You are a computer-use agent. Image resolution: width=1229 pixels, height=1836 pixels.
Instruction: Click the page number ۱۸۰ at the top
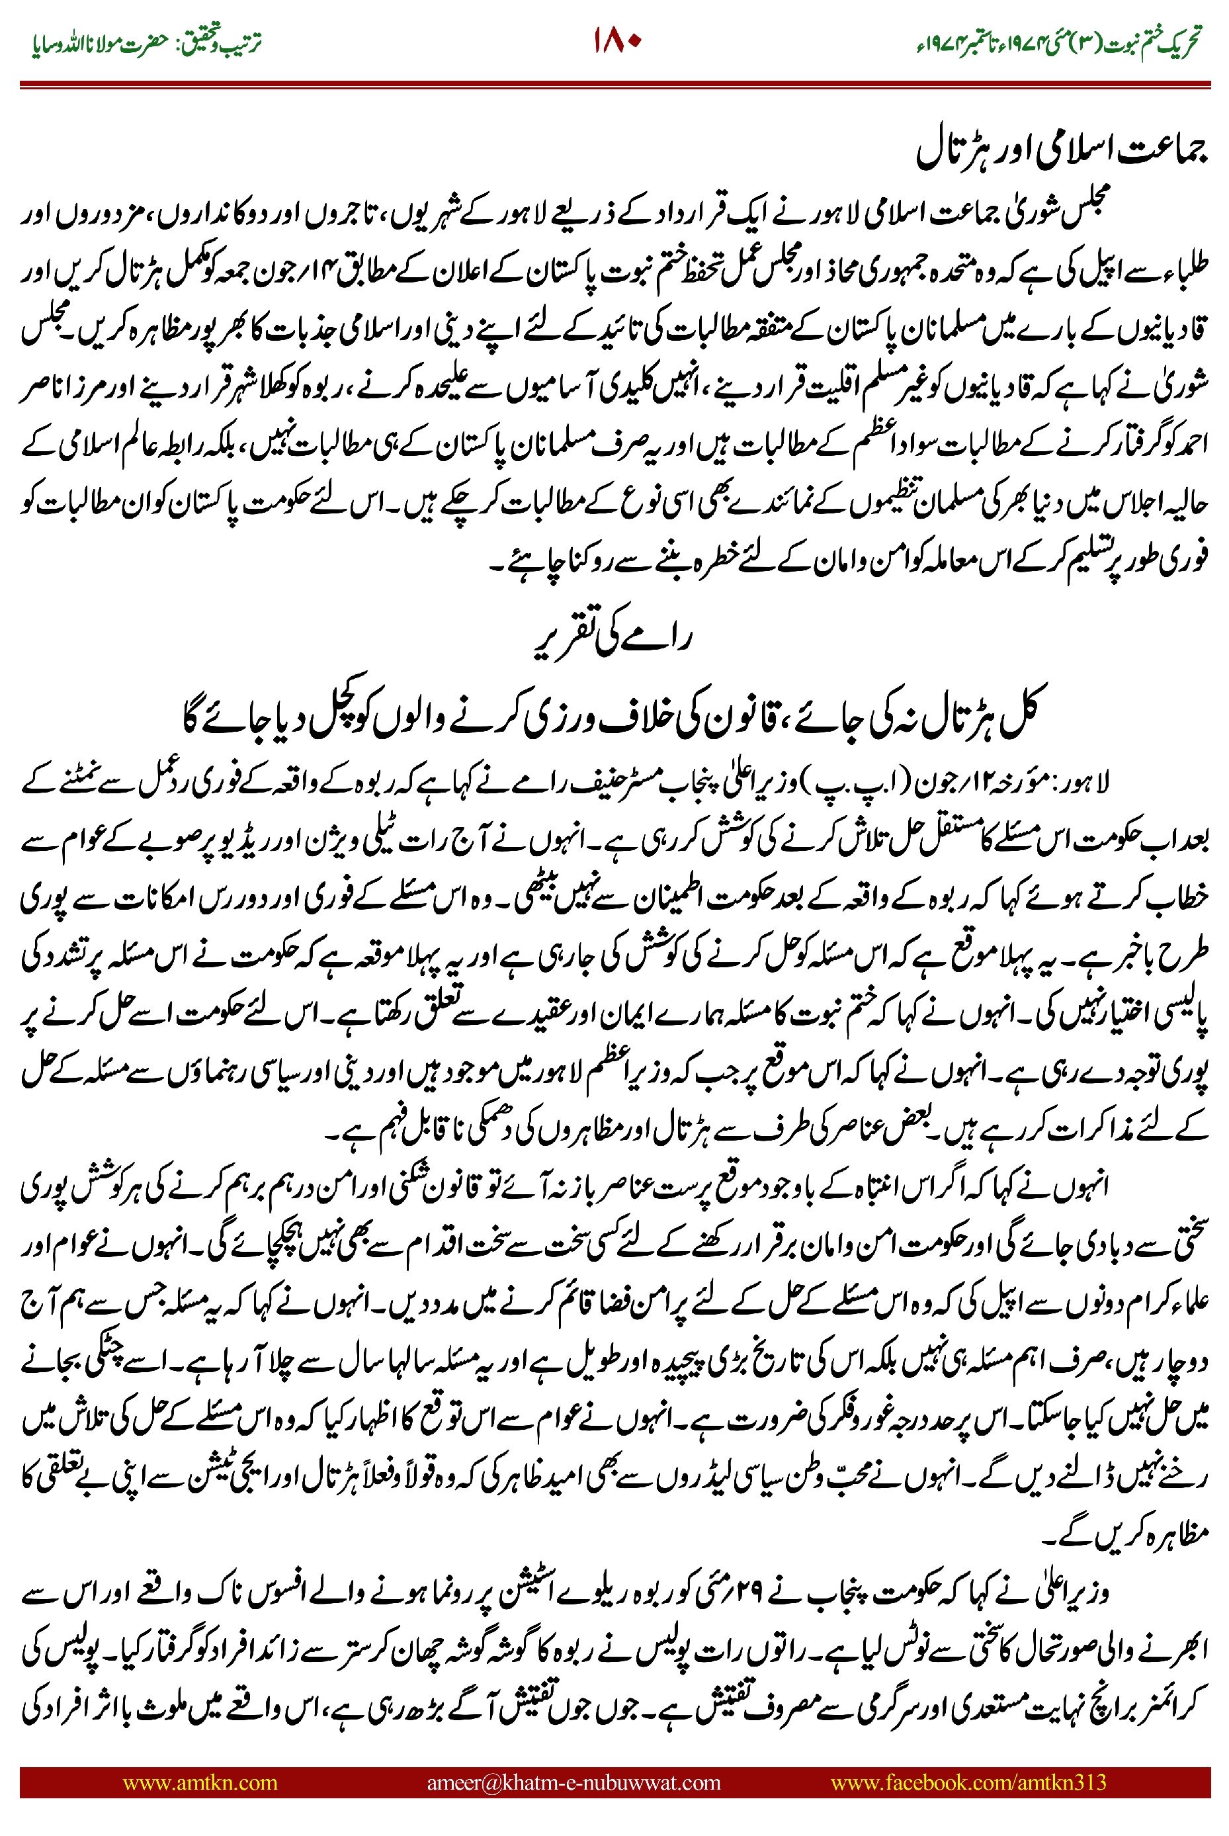click(x=617, y=42)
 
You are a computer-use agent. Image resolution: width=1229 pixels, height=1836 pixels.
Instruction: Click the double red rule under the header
click(x=614, y=85)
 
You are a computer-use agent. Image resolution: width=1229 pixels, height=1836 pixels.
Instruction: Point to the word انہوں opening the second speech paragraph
click(x=1085, y=1187)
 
